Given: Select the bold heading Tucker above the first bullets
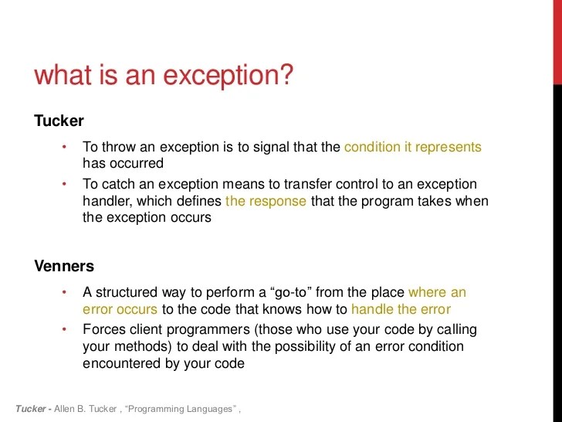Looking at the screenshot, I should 59,121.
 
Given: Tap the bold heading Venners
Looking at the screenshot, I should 64,266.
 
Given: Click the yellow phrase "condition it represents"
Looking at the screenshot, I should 412,147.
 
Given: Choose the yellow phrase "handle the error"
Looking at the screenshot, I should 401,309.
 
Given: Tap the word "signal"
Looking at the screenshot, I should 270,147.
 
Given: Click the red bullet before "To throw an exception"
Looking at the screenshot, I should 65,147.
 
